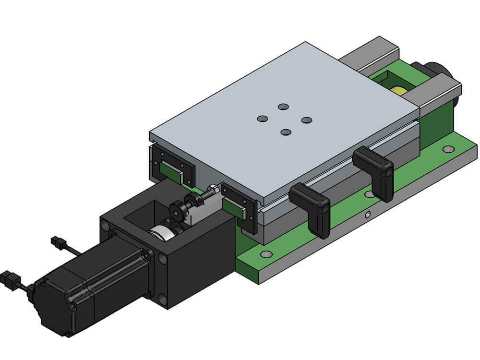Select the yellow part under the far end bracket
[397, 90]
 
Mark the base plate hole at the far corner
[448, 149]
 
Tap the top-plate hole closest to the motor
[262, 118]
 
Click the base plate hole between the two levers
[370, 194]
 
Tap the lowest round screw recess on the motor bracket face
[164, 300]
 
